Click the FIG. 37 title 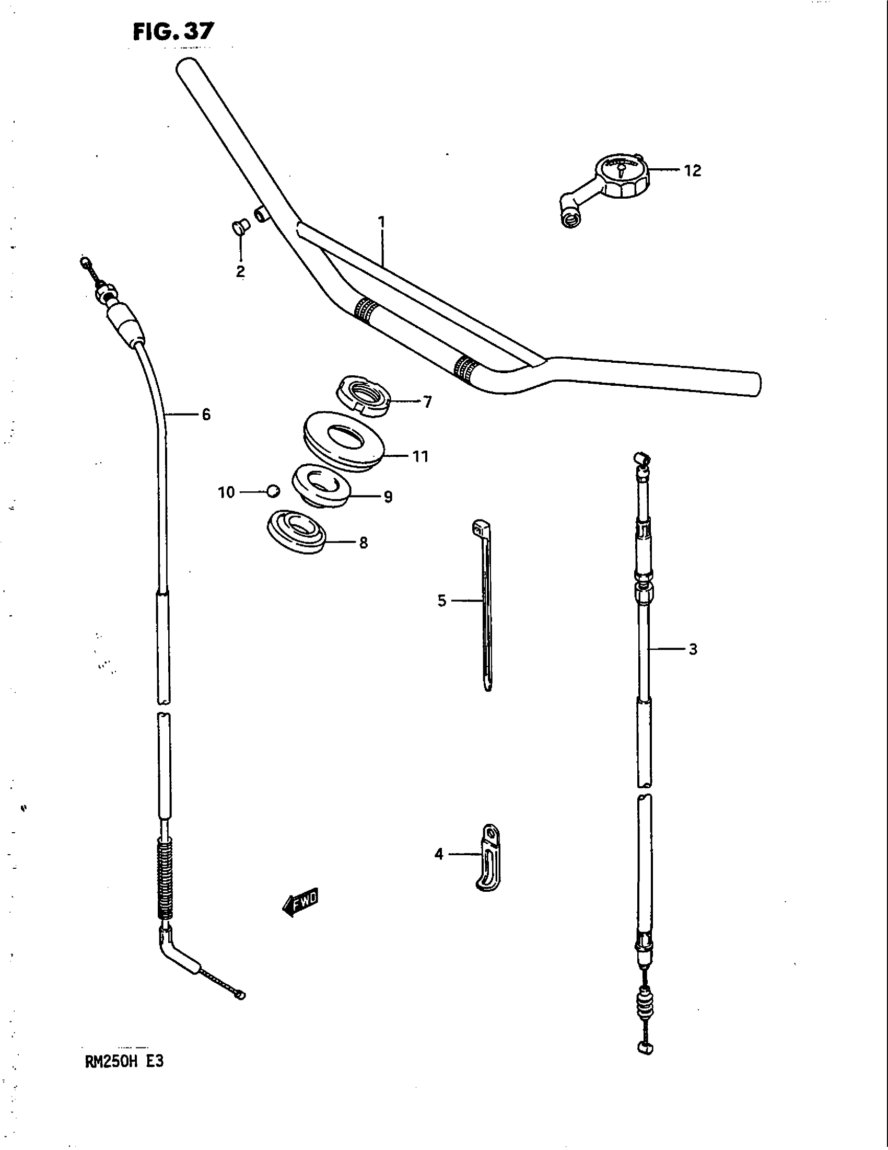point(173,31)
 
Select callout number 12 point(692,170)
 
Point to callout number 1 point(382,222)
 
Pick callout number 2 point(240,272)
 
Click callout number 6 point(206,415)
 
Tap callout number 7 point(427,402)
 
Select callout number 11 point(420,456)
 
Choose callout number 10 point(226,492)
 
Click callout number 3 point(693,649)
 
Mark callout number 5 point(442,600)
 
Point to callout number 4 point(439,854)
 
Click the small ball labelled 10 point(273,491)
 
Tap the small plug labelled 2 point(240,229)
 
